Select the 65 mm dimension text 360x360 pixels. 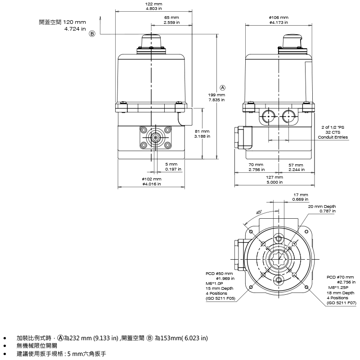point(171,18)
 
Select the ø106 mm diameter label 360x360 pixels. point(279,18)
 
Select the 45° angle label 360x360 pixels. point(259,212)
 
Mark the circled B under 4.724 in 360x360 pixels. point(92,34)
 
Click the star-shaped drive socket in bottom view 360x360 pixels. point(279,260)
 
